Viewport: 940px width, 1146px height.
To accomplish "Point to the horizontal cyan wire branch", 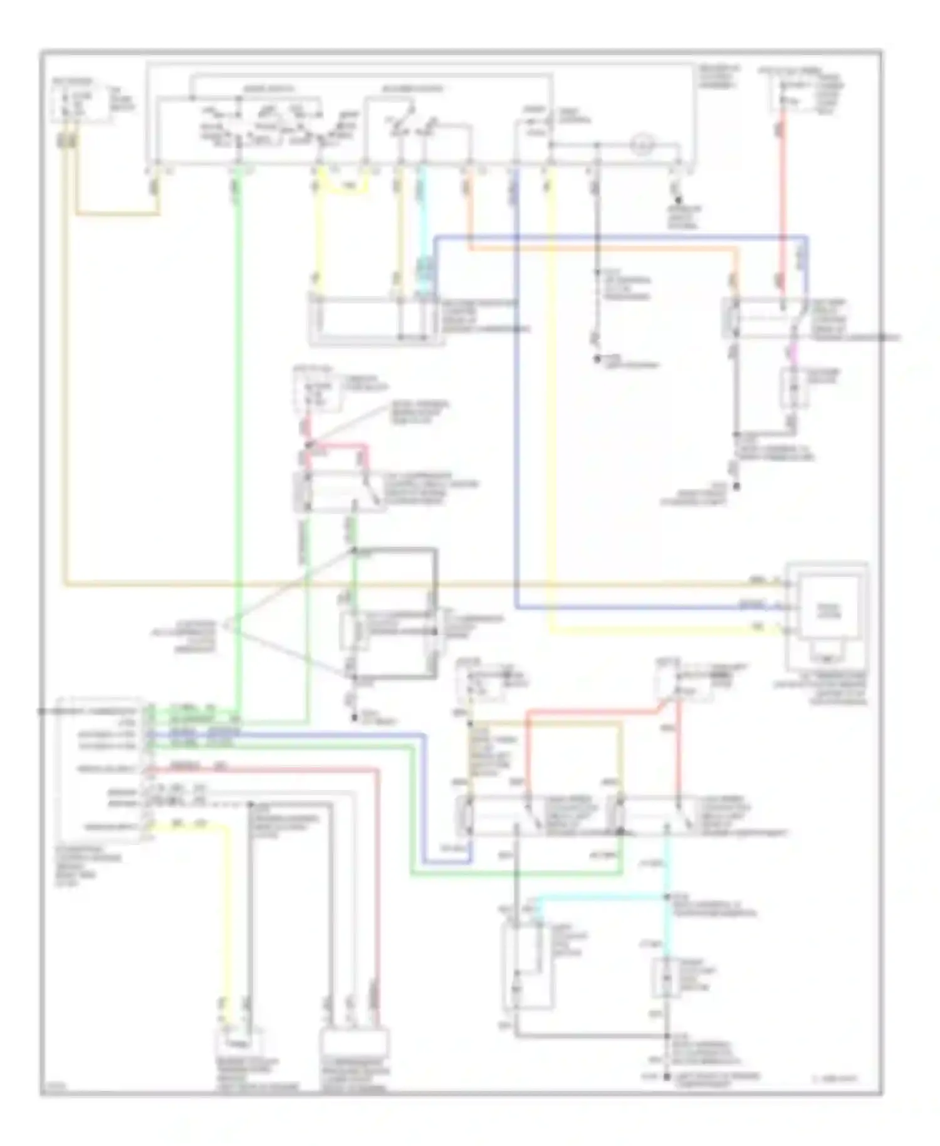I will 602,898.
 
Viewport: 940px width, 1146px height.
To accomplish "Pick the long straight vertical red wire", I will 782,201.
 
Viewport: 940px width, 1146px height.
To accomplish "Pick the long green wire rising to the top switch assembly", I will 238,439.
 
